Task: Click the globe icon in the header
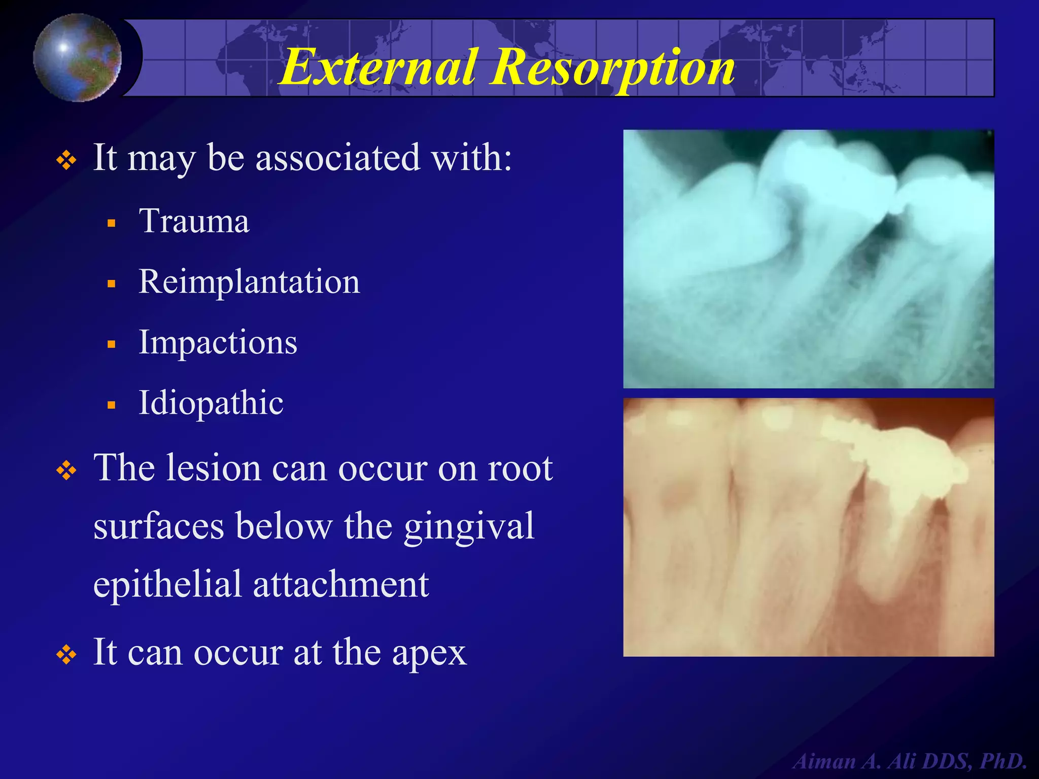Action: pos(77,57)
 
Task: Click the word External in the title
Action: pos(378,67)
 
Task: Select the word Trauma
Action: pos(194,222)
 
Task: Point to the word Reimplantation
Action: pos(249,282)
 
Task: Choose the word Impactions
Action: pos(218,343)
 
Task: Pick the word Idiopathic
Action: pos(211,403)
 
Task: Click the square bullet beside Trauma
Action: pos(112,223)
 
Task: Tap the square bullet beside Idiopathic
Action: pos(112,405)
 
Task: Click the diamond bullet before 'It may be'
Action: pos(66,161)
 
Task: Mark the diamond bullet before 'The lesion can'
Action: pos(66,471)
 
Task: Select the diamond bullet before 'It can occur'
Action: pos(66,655)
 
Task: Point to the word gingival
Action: pos(469,527)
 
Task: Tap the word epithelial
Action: pos(167,585)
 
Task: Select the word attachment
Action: pos(341,585)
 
